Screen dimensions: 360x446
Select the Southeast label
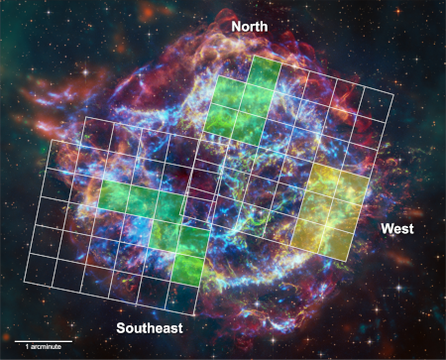(149, 327)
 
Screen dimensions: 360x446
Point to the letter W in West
(387, 229)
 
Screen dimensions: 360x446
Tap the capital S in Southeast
(120, 327)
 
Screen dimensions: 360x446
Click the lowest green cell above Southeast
(185, 268)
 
